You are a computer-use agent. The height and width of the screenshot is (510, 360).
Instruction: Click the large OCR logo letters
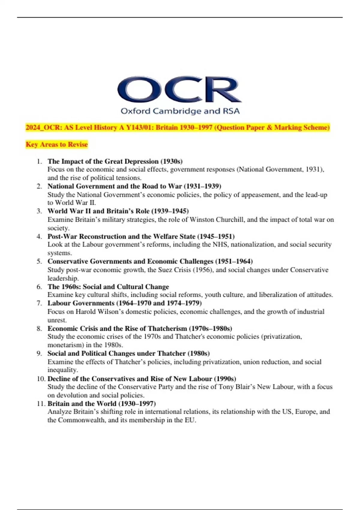pyautogui.click(x=179, y=89)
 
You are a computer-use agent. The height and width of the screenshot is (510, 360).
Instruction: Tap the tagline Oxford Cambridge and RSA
pyautogui.click(x=180, y=111)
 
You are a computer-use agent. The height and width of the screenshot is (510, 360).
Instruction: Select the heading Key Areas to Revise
pyautogui.click(x=57, y=144)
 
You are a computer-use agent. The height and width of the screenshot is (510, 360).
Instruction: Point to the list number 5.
pyautogui.click(x=39, y=261)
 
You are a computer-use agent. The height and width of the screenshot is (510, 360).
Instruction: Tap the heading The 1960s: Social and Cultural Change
pyautogui.click(x=108, y=286)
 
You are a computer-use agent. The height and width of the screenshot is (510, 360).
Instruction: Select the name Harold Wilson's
pyautogui.click(x=100, y=312)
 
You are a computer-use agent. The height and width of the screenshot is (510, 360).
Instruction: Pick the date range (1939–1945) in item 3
pyautogui.click(x=170, y=211)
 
